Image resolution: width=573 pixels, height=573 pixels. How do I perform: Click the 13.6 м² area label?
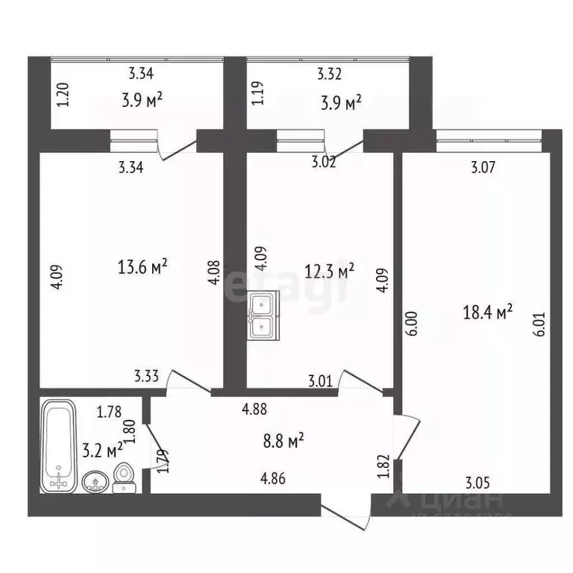(142, 266)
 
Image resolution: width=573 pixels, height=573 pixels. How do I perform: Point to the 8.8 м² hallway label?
(284, 442)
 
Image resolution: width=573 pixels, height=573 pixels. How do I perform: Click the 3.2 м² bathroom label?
(104, 450)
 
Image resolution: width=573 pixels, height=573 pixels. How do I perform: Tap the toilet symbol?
(125, 477)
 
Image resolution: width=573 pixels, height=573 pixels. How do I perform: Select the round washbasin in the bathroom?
(94, 480)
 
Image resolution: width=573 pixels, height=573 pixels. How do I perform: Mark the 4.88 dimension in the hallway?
(254, 408)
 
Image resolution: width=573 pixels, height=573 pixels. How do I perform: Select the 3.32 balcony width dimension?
(330, 74)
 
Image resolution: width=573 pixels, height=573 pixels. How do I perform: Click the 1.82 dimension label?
(383, 466)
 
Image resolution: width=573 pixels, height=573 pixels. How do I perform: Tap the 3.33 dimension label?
(147, 377)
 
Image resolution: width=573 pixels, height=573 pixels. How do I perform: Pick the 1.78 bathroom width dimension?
(110, 410)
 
